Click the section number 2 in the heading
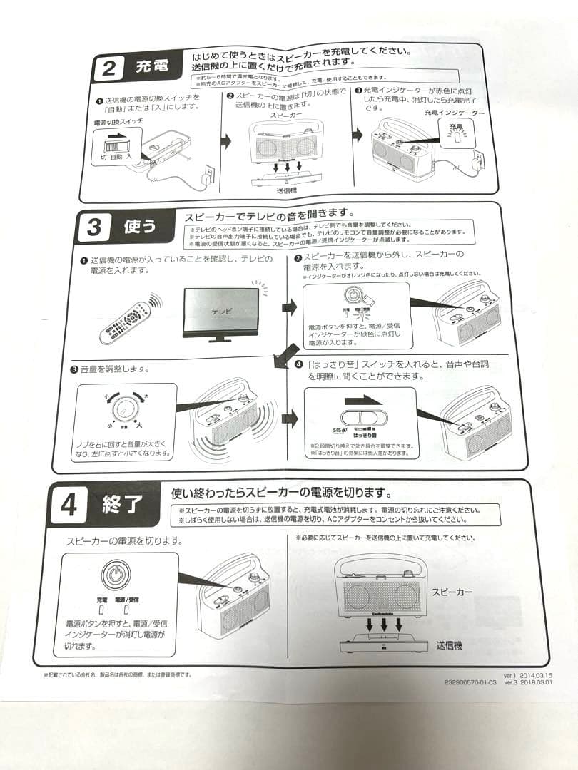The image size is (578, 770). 109,69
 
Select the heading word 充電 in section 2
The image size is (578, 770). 152,68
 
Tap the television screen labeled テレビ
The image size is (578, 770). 221,312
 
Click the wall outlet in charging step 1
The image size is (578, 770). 209,173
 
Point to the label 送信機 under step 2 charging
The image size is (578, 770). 286,191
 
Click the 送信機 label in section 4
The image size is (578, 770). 449,645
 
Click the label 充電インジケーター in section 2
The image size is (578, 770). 454,113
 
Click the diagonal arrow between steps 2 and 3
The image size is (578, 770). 288,354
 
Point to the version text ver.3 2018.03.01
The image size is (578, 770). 529,682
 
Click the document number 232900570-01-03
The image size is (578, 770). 470,682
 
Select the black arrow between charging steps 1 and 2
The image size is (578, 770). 225,141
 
